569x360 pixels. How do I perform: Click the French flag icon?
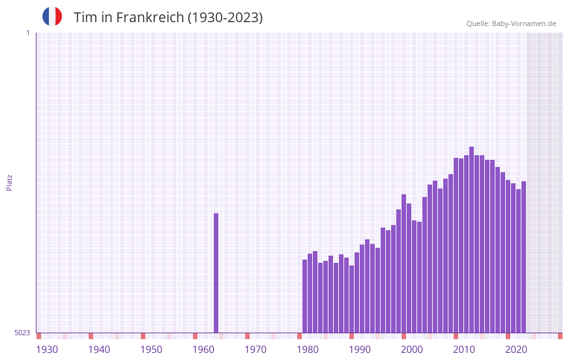[x=52, y=16]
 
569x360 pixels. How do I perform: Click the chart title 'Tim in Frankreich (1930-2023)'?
[x=168, y=18]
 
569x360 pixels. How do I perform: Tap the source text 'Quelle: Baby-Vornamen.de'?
[x=511, y=23]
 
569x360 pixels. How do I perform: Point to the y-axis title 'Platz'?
[x=9, y=181]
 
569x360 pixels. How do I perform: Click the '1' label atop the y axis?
[x=27, y=33]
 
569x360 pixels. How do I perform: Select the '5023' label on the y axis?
[x=22, y=333]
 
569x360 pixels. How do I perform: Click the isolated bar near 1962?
[x=216, y=273]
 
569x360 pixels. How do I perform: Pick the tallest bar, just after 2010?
[x=472, y=239]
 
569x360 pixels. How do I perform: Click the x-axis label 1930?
[x=47, y=350]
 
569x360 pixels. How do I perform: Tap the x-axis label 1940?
[x=99, y=350]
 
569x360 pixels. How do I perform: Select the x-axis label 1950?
[x=151, y=350]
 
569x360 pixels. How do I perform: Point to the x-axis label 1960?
[x=203, y=350]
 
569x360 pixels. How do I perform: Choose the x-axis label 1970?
[x=255, y=350]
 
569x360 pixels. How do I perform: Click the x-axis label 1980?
[x=308, y=350]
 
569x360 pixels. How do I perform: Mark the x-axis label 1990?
[x=360, y=350]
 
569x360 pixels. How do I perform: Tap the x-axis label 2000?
[x=412, y=350]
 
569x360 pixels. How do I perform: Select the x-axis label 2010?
[x=464, y=350]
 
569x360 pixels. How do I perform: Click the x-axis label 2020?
[x=516, y=350]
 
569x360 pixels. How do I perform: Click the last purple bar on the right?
[x=524, y=257]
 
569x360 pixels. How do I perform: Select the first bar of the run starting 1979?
[x=305, y=296]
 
